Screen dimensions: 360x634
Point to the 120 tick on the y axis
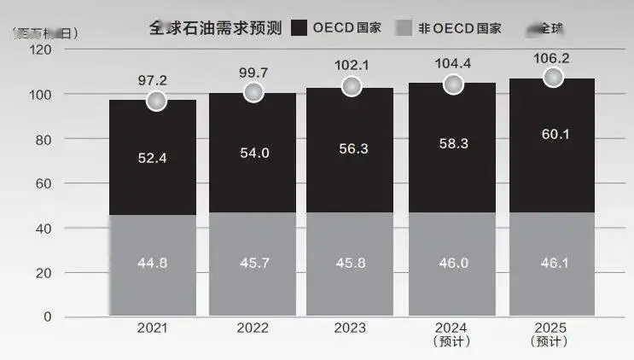(x=40, y=49)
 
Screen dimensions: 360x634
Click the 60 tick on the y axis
(x=44, y=183)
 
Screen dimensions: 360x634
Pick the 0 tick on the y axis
(x=47, y=317)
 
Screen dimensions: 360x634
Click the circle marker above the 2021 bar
(x=155, y=101)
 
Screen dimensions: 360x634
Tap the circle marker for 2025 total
(x=553, y=78)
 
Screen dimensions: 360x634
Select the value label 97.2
(x=153, y=79)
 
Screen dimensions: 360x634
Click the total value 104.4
(x=453, y=63)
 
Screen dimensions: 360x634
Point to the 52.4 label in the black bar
(x=153, y=157)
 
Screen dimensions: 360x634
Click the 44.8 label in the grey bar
(x=153, y=263)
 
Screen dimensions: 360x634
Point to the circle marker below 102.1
(x=352, y=86)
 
